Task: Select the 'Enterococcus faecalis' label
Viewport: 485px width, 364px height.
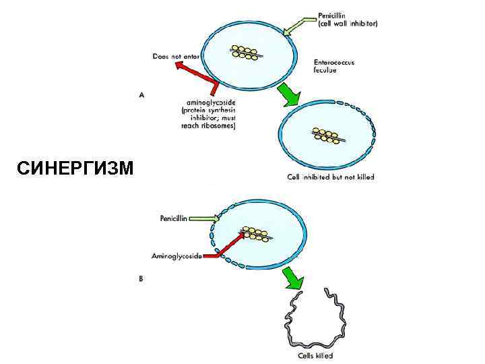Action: point(334,66)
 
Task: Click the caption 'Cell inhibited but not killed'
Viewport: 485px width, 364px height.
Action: point(330,177)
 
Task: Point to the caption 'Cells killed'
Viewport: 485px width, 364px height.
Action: point(315,356)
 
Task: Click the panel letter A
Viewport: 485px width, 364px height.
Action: point(141,96)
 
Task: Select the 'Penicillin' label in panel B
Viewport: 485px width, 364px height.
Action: point(177,218)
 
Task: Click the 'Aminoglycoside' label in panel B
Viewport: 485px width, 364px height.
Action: point(176,256)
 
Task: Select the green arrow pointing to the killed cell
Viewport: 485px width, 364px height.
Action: point(293,276)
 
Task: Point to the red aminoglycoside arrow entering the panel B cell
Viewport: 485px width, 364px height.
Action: point(226,247)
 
